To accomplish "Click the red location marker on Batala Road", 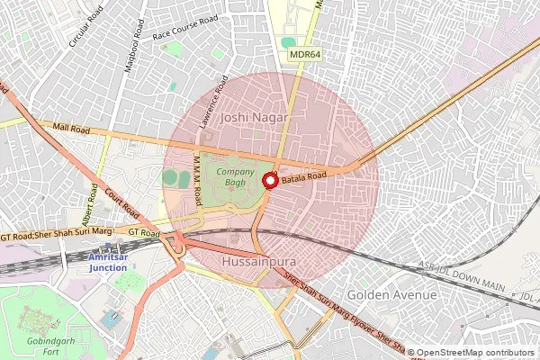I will coord(269,181).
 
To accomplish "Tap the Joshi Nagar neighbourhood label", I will coord(255,118).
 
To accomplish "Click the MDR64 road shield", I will coord(306,55).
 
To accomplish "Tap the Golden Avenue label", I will coord(391,295).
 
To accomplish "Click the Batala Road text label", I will coord(303,179).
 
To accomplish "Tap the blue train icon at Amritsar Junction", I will coord(108,244).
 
